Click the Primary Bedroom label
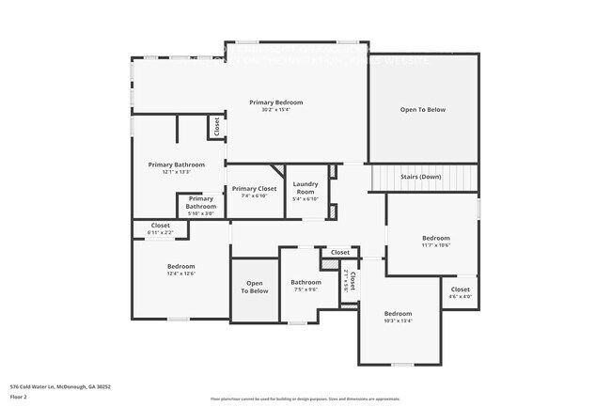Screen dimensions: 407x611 [x=275, y=102]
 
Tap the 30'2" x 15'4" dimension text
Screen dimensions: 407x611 [x=275, y=110]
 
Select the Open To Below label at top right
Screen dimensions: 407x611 [x=422, y=110]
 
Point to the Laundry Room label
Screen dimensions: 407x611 [x=305, y=187]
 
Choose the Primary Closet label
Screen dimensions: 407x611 [x=254, y=188]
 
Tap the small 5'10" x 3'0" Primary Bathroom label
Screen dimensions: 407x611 [x=200, y=206]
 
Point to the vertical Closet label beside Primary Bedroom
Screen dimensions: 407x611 [x=216, y=126]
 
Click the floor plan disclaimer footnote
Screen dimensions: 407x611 [x=305, y=399]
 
